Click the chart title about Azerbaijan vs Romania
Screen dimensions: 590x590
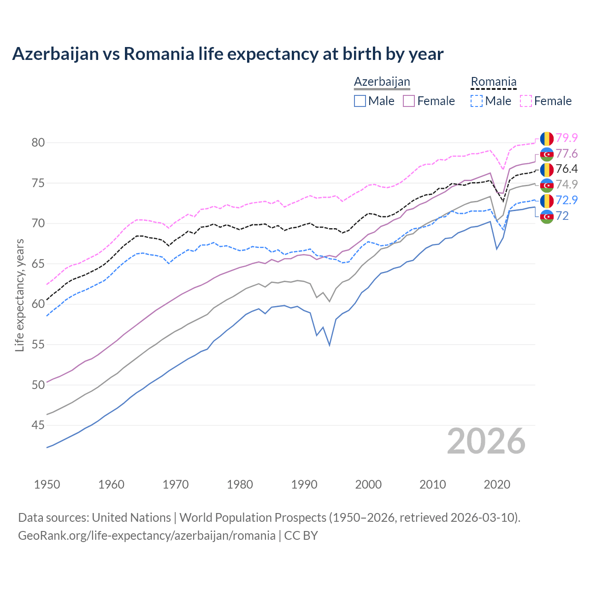coord(228,54)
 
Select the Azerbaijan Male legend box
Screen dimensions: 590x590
coord(360,101)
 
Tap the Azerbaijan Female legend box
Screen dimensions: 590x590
coord(409,101)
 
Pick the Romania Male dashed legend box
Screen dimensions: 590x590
coord(477,101)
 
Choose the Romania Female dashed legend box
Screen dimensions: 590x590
coord(526,101)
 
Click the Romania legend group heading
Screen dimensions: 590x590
coord(493,82)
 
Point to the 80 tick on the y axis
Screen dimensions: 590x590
coord(38,143)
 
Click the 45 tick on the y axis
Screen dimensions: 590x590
coord(38,425)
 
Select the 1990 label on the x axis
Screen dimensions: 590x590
coord(304,484)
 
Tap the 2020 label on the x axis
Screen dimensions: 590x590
coord(497,484)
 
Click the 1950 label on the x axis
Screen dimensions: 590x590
coord(47,484)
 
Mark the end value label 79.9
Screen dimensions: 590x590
coord(566,138)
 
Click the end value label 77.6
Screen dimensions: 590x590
coord(566,153)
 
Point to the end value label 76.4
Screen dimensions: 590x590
coord(566,169)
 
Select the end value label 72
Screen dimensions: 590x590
coord(562,216)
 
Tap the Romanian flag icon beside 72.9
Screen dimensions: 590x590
coord(547,201)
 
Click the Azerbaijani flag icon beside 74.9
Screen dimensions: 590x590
coord(547,185)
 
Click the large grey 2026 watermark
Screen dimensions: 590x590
coord(486,441)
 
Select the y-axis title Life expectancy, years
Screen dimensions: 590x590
coord(20,295)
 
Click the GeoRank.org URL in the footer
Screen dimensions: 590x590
coord(147,536)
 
